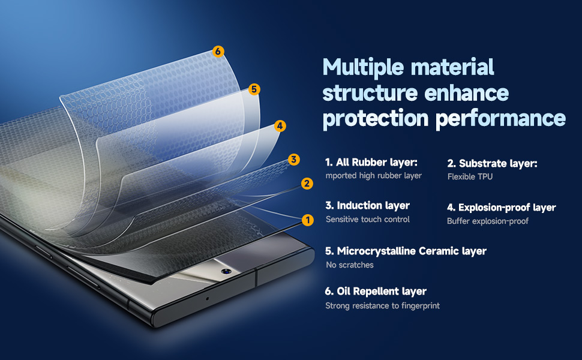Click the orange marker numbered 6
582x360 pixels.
point(218,51)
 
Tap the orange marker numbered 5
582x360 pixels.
point(254,89)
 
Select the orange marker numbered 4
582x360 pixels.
point(280,126)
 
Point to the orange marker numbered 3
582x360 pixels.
point(294,160)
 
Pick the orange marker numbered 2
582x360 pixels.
point(307,184)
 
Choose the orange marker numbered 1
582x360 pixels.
point(308,220)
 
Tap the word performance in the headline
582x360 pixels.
point(501,119)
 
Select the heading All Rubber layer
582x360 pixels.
point(371,162)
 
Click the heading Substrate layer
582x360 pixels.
point(492,163)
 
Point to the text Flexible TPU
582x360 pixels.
point(470,176)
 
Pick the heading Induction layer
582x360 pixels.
point(367,205)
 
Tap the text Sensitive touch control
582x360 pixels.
point(367,220)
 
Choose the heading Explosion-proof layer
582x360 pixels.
point(502,207)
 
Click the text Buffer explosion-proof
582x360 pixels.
point(488,221)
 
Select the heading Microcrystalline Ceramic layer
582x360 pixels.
point(406,251)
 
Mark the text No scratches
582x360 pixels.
point(350,265)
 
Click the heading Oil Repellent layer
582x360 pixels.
point(376,292)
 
